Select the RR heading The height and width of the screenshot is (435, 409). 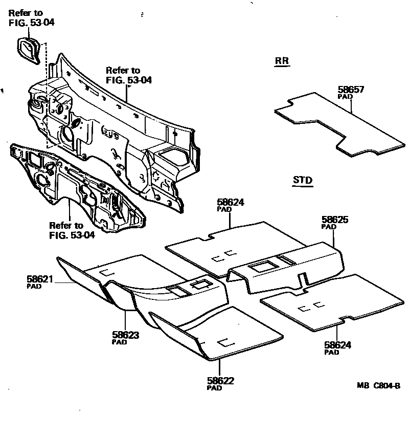(x=282, y=61)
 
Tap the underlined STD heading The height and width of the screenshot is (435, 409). (x=303, y=180)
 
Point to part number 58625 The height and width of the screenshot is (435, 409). (x=334, y=220)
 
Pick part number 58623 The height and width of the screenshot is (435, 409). (x=126, y=336)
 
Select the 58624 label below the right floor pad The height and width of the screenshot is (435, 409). (x=337, y=345)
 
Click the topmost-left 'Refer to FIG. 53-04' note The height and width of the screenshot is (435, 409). (x=32, y=17)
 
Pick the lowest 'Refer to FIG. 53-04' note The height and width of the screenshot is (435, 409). (x=72, y=230)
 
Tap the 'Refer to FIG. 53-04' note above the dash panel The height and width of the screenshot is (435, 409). (x=129, y=75)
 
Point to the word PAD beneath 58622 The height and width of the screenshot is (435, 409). (x=214, y=388)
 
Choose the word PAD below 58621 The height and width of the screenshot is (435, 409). (x=34, y=287)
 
